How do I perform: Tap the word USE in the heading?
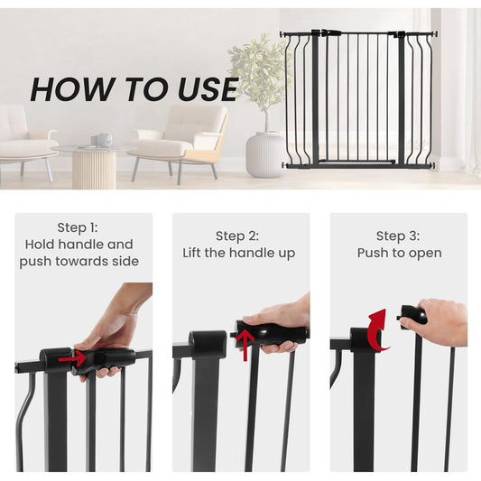(208, 89)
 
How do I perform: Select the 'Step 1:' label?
(78, 227)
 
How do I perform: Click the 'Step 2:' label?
(237, 236)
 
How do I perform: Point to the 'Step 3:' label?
(398, 236)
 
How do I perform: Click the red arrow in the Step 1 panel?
(72, 358)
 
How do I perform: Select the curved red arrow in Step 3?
(378, 331)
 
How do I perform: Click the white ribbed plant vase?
(265, 154)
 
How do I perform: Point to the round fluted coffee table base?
(94, 170)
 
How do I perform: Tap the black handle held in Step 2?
(270, 332)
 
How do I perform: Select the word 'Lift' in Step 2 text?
(192, 253)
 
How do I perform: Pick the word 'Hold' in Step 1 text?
(40, 245)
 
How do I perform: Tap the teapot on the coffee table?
(105, 140)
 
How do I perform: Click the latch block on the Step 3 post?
(365, 338)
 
